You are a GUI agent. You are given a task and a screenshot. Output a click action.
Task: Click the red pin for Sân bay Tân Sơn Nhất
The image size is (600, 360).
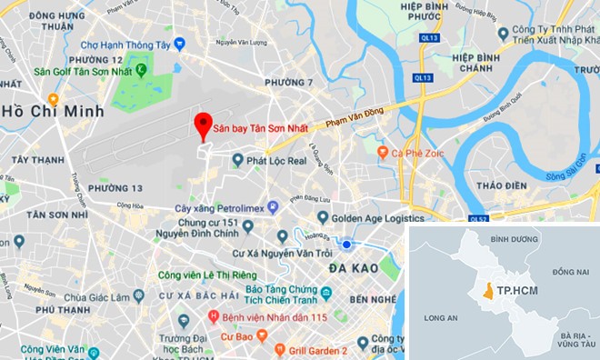(205, 125)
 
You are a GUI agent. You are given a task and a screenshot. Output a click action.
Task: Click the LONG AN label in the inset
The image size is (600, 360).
(440, 318)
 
